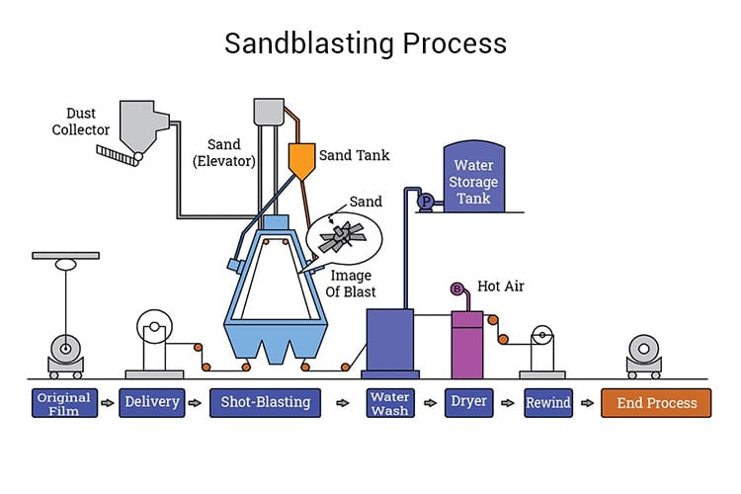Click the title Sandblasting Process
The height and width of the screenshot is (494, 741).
coord(366,43)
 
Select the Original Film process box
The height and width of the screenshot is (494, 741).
coord(63,403)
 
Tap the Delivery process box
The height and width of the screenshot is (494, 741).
coord(152,403)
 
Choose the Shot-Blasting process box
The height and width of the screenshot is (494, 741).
coord(266,403)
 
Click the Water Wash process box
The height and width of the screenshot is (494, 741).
coord(389,403)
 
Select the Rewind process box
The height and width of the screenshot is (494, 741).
coord(548,403)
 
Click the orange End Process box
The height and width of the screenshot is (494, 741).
coord(656,403)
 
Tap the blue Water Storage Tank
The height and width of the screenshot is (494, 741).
coord(473,183)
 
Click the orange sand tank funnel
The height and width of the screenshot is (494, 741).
coord(301,158)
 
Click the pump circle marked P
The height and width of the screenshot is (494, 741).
coord(426,202)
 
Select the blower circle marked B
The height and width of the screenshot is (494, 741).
coord(457,288)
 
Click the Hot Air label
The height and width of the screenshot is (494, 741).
coord(501,287)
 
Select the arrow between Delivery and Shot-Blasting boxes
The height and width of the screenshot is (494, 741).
coord(197,403)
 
